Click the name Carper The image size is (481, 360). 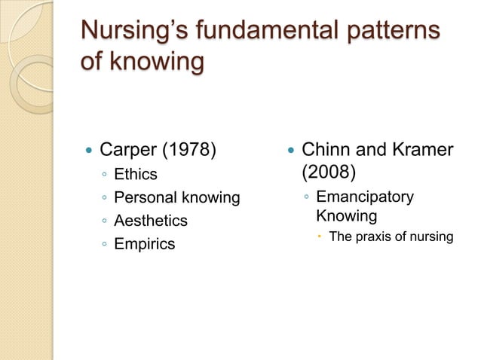pos(130,150)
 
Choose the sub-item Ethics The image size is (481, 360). pos(136,175)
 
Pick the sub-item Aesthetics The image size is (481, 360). pos(151,221)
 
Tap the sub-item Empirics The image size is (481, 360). pos(144,244)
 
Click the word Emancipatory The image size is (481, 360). pos(365,197)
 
